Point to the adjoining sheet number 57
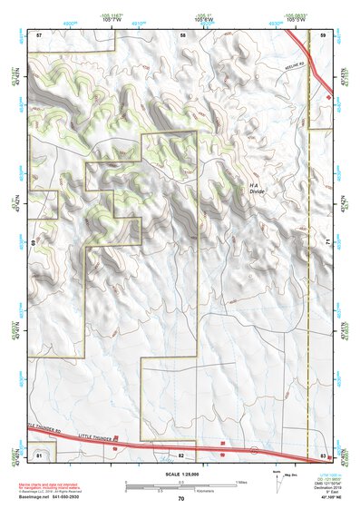(x=39, y=34)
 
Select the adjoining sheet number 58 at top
(x=183, y=34)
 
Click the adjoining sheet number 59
(x=324, y=34)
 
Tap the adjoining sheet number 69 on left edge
(x=34, y=243)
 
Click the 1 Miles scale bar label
(x=239, y=480)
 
